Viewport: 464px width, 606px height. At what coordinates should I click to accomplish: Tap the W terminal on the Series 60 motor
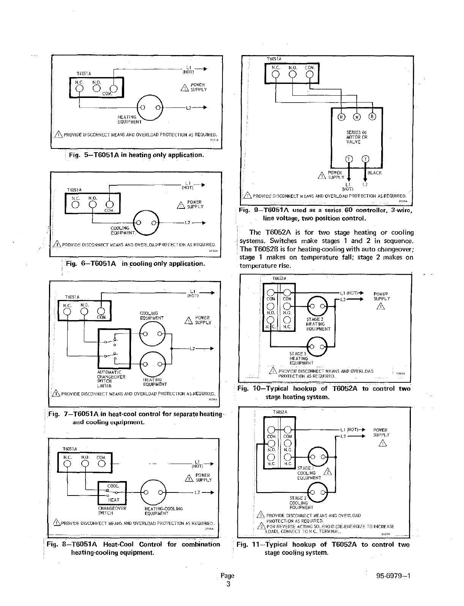pos(357,117)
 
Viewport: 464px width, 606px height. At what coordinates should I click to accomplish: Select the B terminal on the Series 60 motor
pos(372,117)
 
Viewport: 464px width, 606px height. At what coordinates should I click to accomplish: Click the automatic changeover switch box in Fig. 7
pos(114,349)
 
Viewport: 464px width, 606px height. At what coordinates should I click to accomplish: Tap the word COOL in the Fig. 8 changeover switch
pos(113,486)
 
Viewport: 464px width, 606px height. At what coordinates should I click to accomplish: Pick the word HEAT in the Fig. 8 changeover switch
pos(113,500)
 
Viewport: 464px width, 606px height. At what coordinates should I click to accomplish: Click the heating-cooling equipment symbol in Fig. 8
pos(153,493)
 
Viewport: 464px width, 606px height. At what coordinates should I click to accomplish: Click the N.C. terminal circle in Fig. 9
pos(276,74)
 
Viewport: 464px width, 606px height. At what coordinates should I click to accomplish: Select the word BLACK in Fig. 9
pos(374,173)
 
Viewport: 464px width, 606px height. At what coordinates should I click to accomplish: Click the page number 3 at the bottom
pos(228,584)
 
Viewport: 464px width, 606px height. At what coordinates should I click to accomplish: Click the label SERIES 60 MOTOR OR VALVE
pos(357,137)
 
